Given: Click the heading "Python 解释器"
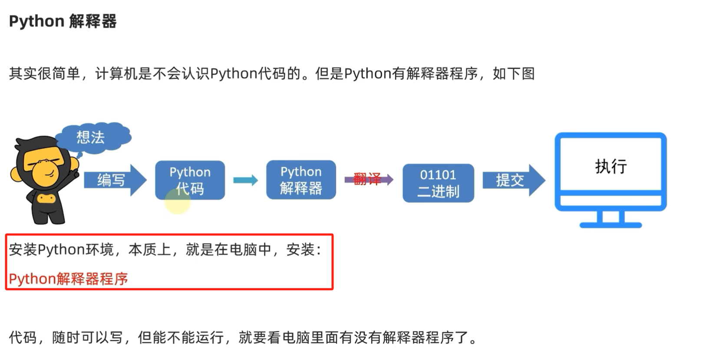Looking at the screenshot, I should [63, 21].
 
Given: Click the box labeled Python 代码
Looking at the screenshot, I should [190, 179].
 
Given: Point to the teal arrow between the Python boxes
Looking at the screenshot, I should [245, 180].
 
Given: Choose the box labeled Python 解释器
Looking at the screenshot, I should [301, 179].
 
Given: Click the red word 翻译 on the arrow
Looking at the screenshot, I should [367, 179].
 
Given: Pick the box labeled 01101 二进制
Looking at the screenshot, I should [438, 183].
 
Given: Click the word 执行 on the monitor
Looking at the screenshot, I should [610, 166].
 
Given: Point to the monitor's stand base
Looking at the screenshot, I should [610, 225].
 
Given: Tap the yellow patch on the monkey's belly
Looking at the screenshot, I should [46, 198].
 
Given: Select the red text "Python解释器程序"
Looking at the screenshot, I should [69, 278].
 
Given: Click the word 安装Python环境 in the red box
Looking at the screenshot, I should [61, 250].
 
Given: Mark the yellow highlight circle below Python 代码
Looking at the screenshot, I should [178, 201].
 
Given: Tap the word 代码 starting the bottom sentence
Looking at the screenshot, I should [23, 337].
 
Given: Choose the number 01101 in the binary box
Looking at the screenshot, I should [438, 175].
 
